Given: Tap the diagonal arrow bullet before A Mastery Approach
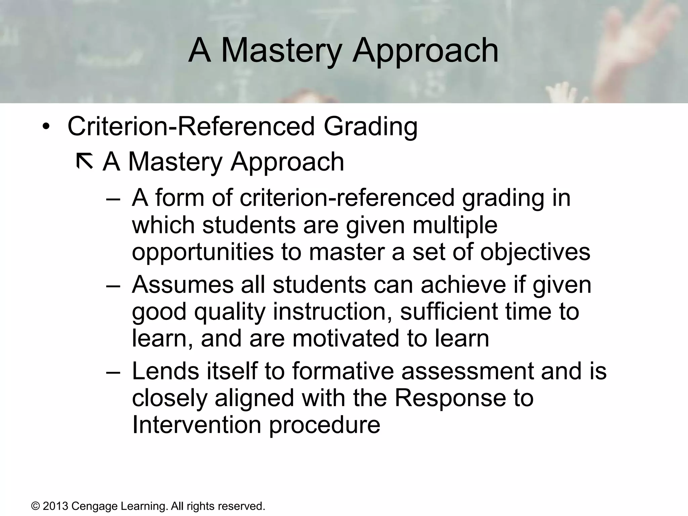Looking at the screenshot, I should point(85,161).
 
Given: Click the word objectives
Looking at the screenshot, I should point(535,252).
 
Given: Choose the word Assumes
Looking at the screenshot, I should point(182,285).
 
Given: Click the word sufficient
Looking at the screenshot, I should point(448,311).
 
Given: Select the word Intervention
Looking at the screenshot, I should point(197,425).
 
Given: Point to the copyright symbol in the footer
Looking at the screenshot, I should point(35,506).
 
